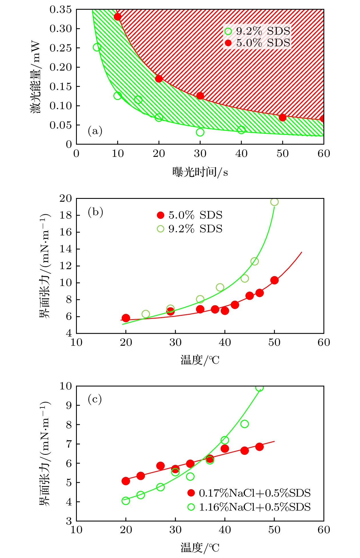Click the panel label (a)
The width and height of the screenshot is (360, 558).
click(95, 131)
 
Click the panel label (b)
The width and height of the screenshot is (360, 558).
click(95, 212)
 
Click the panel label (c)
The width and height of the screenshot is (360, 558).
click(95, 399)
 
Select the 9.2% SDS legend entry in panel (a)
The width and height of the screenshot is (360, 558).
click(257, 31)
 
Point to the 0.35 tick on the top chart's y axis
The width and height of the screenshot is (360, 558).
click(61, 9)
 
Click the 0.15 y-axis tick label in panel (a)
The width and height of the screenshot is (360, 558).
click(61, 86)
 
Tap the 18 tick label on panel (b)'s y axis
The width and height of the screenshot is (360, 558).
click(65, 215)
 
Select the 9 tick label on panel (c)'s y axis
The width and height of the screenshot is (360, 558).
click(69, 405)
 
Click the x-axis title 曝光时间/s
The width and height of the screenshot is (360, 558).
click(200, 172)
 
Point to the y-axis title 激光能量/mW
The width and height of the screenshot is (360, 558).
click(35, 77)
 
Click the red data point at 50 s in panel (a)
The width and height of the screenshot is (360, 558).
click(283, 117)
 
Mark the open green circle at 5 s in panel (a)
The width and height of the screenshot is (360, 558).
click(97, 47)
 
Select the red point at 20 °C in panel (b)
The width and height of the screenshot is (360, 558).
click(126, 318)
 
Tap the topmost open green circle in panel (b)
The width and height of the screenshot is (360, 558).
click(274, 202)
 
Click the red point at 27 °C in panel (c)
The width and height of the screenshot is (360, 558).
click(161, 466)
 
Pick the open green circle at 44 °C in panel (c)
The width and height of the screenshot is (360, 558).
click(245, 424)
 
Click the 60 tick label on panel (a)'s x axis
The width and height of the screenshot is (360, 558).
click(324, 154)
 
